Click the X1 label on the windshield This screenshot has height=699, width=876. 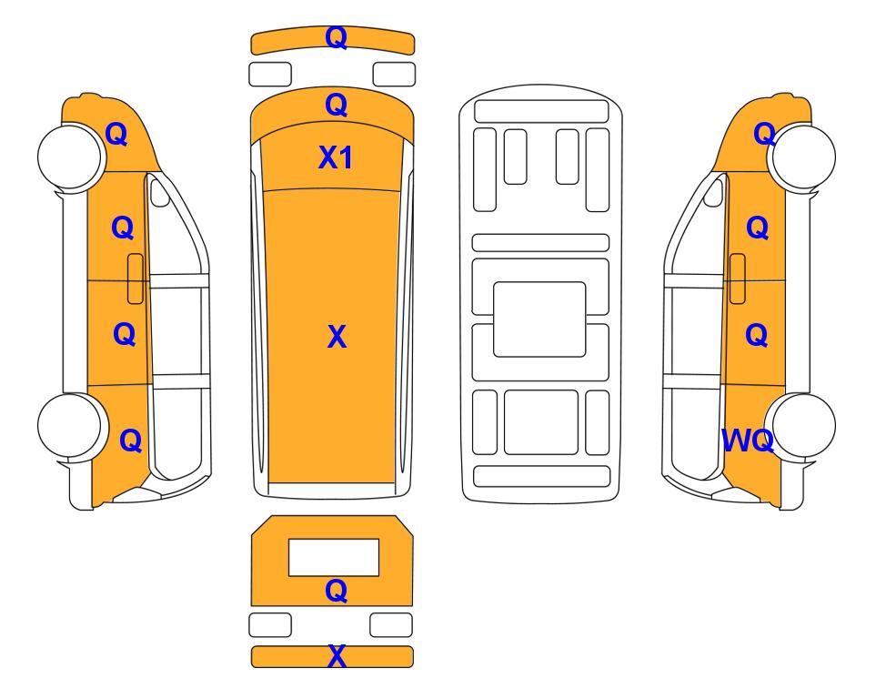coord(335,157)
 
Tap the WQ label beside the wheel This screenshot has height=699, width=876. coord(748,441)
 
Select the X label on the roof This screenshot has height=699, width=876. coord(337,337)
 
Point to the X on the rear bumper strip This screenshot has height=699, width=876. coord(337,656)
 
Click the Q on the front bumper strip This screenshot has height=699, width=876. coord(337,37)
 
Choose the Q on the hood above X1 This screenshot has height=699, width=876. coord(337,105)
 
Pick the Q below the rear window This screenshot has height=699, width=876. coord(337,591)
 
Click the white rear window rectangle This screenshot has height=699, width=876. coord(334,558)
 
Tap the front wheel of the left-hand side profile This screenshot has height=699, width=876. coord(71,157)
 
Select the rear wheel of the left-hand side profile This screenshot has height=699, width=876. coord(71,426)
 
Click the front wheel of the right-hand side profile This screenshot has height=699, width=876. coord(802,157)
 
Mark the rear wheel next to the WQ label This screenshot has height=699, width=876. coord(802,426)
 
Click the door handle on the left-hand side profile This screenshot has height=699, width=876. coord(136,279)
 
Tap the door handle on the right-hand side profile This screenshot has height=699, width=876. coord(738,279)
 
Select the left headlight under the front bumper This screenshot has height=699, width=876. coord(270,75)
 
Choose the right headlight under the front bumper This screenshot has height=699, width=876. coord(394,75)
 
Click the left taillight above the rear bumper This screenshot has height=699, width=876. coord(270,624)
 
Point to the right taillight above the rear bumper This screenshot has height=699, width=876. coord(391,624)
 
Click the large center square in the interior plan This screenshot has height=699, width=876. coord(539,319)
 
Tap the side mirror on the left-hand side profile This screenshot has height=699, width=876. coord(160,192)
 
